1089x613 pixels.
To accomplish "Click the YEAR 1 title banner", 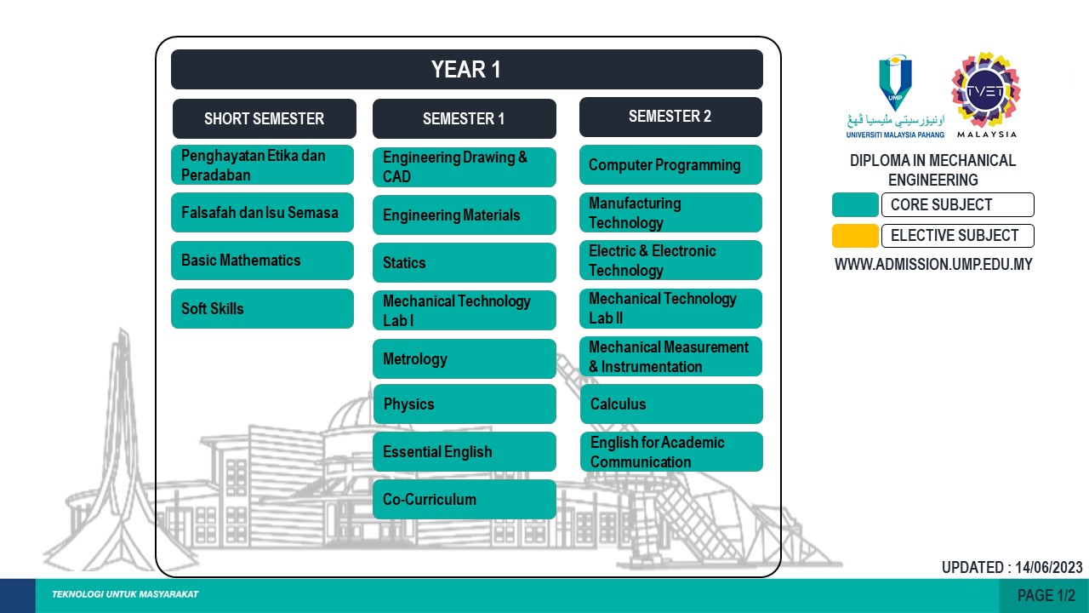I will click(466, 70).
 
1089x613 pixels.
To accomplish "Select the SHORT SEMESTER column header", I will click(264, 118).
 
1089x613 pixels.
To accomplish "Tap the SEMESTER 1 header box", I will click(464, 118).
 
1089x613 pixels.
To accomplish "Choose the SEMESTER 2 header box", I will click(670, 117).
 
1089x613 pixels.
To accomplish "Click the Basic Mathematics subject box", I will click(262, 261).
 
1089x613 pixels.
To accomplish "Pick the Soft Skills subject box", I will click(262, 308).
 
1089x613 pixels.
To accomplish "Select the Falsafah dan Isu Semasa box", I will click(262, 213).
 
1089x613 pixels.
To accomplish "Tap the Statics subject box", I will click(464, 263).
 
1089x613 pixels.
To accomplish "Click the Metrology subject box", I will click(464, 359).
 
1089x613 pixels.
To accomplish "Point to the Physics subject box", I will click(464, 404).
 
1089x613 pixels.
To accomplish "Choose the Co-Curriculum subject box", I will click(464, 500).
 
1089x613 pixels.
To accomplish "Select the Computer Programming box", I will click(670, 165).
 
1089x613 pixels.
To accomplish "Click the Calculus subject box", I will click(670, 404).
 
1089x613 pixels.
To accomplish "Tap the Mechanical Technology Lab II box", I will click(670, 308).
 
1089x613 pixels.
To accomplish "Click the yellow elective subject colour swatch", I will click(855, 236).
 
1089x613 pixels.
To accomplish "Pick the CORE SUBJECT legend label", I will click(957, 205).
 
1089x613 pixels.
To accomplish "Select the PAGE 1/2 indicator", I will click(1046, 596).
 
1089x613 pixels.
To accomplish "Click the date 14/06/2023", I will click(1048, 567).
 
